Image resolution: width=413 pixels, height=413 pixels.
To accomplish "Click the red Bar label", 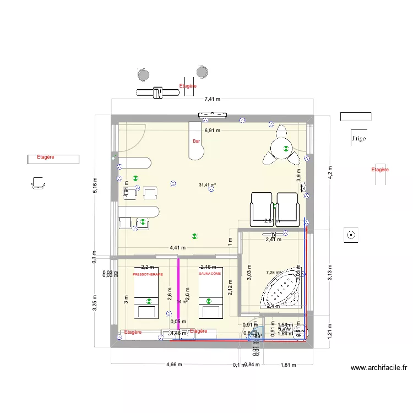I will tap(196, 142).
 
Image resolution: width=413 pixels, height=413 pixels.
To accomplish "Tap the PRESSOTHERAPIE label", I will tap(148, 274).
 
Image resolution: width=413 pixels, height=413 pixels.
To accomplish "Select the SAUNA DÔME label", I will tap(210, 274).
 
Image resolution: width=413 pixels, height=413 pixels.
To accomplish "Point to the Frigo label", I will tap(358, 139).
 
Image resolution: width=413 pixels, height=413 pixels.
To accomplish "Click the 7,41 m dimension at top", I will tap(212, 100).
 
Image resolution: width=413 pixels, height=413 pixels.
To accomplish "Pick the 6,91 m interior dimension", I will tap(212, 131).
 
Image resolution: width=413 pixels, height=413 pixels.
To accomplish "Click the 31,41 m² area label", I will tap(207, 185).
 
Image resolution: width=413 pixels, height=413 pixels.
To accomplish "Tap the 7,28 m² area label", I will tap(273, 272).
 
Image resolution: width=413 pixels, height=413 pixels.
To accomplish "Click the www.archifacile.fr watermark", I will tap(378, 368).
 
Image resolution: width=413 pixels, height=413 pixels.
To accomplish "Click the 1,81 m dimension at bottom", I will tap(288, 365).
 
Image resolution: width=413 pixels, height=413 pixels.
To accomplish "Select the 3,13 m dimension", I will tap(330, 272).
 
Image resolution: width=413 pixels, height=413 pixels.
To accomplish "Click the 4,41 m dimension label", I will tap(177, 248).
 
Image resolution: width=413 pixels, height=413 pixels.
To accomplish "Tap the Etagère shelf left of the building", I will tap(53, 159).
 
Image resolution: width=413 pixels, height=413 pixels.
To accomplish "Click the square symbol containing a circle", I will tap(350, 235).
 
